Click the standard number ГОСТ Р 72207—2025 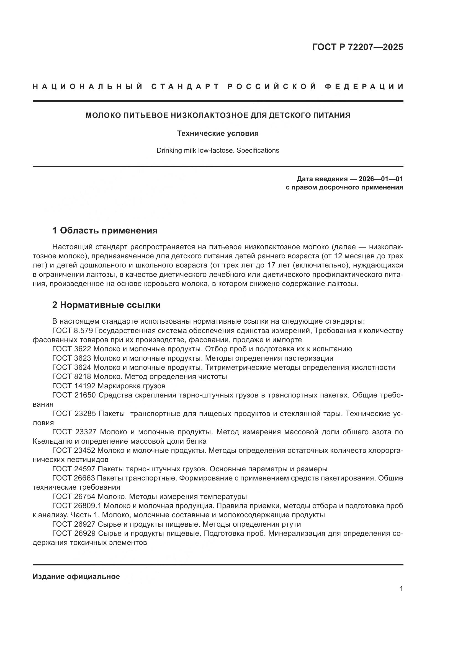pyautogui.click(x=357, y=47)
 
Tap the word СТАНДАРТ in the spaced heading pyautogui.click(x=185, y=87)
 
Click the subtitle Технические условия pyautogui.click(x=218, y=133)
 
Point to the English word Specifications pyautogui.click(x=258, y=150)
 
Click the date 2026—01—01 pyautogui.click(x=380, y=179)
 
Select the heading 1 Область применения pyautogui.click(x=105, y=230)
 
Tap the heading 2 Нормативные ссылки pyautogui.click(x=106, y=305)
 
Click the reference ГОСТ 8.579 pyautogui.click(x=71, y=331)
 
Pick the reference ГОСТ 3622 pyautogui.click(x=71, y=349)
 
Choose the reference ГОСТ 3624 pyautogui.click(x=71, y=367)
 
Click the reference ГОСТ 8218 pyautogui.click(x=71, y=376)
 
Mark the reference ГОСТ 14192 pyautogui.click(x=74, y=386)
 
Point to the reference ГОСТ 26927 pyautogui.click(x=74, y=524)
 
